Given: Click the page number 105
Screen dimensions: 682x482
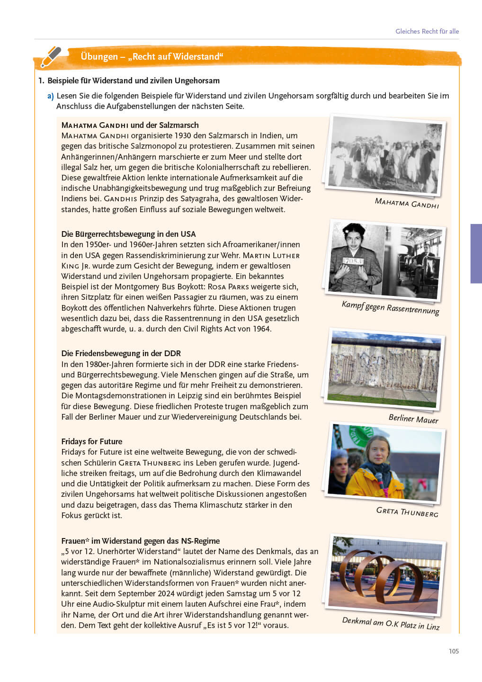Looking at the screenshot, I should coord(454,651).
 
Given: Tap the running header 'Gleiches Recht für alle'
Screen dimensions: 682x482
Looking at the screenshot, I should coord(427,31).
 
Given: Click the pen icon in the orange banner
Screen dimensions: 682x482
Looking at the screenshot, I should coord(51,57).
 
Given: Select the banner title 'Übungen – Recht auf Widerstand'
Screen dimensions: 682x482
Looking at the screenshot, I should coord(152,57).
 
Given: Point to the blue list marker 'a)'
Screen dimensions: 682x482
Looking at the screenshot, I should coord(50,96).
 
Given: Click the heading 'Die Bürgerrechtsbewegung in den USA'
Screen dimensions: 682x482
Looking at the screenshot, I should coord(128,234).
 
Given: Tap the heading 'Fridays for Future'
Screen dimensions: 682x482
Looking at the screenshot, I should coord(92,441).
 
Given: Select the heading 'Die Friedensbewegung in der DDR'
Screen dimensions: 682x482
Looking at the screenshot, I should coord(121,353).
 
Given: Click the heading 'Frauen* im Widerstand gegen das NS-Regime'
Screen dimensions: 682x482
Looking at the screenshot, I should coord(141,541).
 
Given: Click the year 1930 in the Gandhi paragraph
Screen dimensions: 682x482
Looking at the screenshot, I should coord(182,135).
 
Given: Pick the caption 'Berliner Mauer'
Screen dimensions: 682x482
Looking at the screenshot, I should coord(413,419).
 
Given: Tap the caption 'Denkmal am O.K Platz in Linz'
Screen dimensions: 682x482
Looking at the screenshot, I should coord(391,623).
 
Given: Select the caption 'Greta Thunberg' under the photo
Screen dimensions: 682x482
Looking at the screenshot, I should coord(407,512).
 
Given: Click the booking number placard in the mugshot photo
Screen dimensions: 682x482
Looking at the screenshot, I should coord(353,261).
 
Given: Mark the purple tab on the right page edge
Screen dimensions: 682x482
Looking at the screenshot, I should coord(476,253).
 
